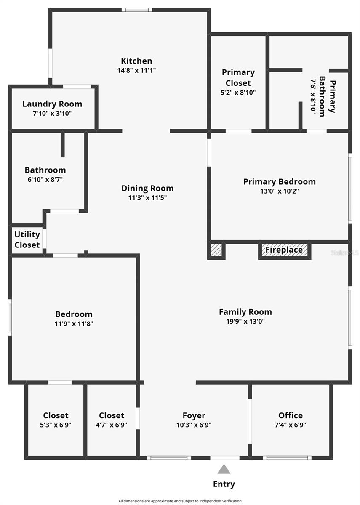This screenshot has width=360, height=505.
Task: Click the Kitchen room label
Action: click(136, 61)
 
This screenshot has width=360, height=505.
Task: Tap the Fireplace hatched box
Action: click(284, 250)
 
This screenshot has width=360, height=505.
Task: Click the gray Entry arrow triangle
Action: click(224, 469)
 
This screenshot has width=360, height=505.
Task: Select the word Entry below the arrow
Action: click(224, 484)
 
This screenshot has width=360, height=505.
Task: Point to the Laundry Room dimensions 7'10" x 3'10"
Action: click(52, 113)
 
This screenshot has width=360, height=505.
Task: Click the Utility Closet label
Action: click(27, 239)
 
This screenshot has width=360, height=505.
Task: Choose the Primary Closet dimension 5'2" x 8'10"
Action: click(238, 92)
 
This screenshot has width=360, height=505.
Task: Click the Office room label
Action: click(290, 415)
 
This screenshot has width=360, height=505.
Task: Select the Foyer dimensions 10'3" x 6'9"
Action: click(194, 425)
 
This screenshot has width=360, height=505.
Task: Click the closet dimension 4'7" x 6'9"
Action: click(111, 425)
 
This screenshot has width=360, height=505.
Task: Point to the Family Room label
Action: click(245, 312)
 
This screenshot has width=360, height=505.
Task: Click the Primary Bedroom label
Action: click(279, 182)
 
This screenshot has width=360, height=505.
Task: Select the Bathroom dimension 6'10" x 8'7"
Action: click(45, 179)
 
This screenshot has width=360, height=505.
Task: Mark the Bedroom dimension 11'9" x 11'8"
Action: click(74, 324)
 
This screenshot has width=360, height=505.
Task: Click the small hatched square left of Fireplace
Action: click(216, 250)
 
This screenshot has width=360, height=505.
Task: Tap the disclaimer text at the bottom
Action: click(180, 501)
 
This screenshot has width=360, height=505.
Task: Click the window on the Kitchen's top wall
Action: click(137, 10)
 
